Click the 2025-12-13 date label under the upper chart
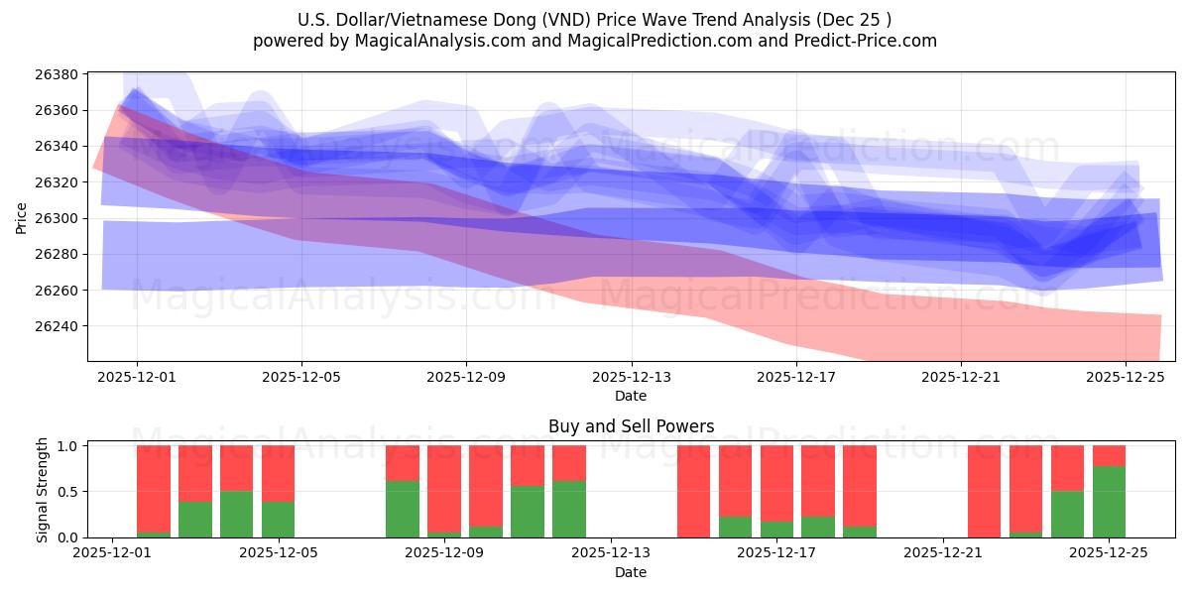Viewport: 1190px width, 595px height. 631,377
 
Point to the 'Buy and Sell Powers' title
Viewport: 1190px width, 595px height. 631,427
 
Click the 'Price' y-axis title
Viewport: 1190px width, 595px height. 22,217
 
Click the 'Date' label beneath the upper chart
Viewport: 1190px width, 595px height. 631,396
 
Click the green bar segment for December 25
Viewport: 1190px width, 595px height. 1109,502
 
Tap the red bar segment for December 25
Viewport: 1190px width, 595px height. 1109,455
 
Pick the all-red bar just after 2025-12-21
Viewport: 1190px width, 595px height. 984,491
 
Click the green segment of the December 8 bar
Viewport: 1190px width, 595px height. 403,509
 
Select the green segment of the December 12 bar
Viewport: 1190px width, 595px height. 569,509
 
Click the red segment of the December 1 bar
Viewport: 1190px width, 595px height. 154,488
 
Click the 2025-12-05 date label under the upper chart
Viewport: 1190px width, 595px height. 301,377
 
